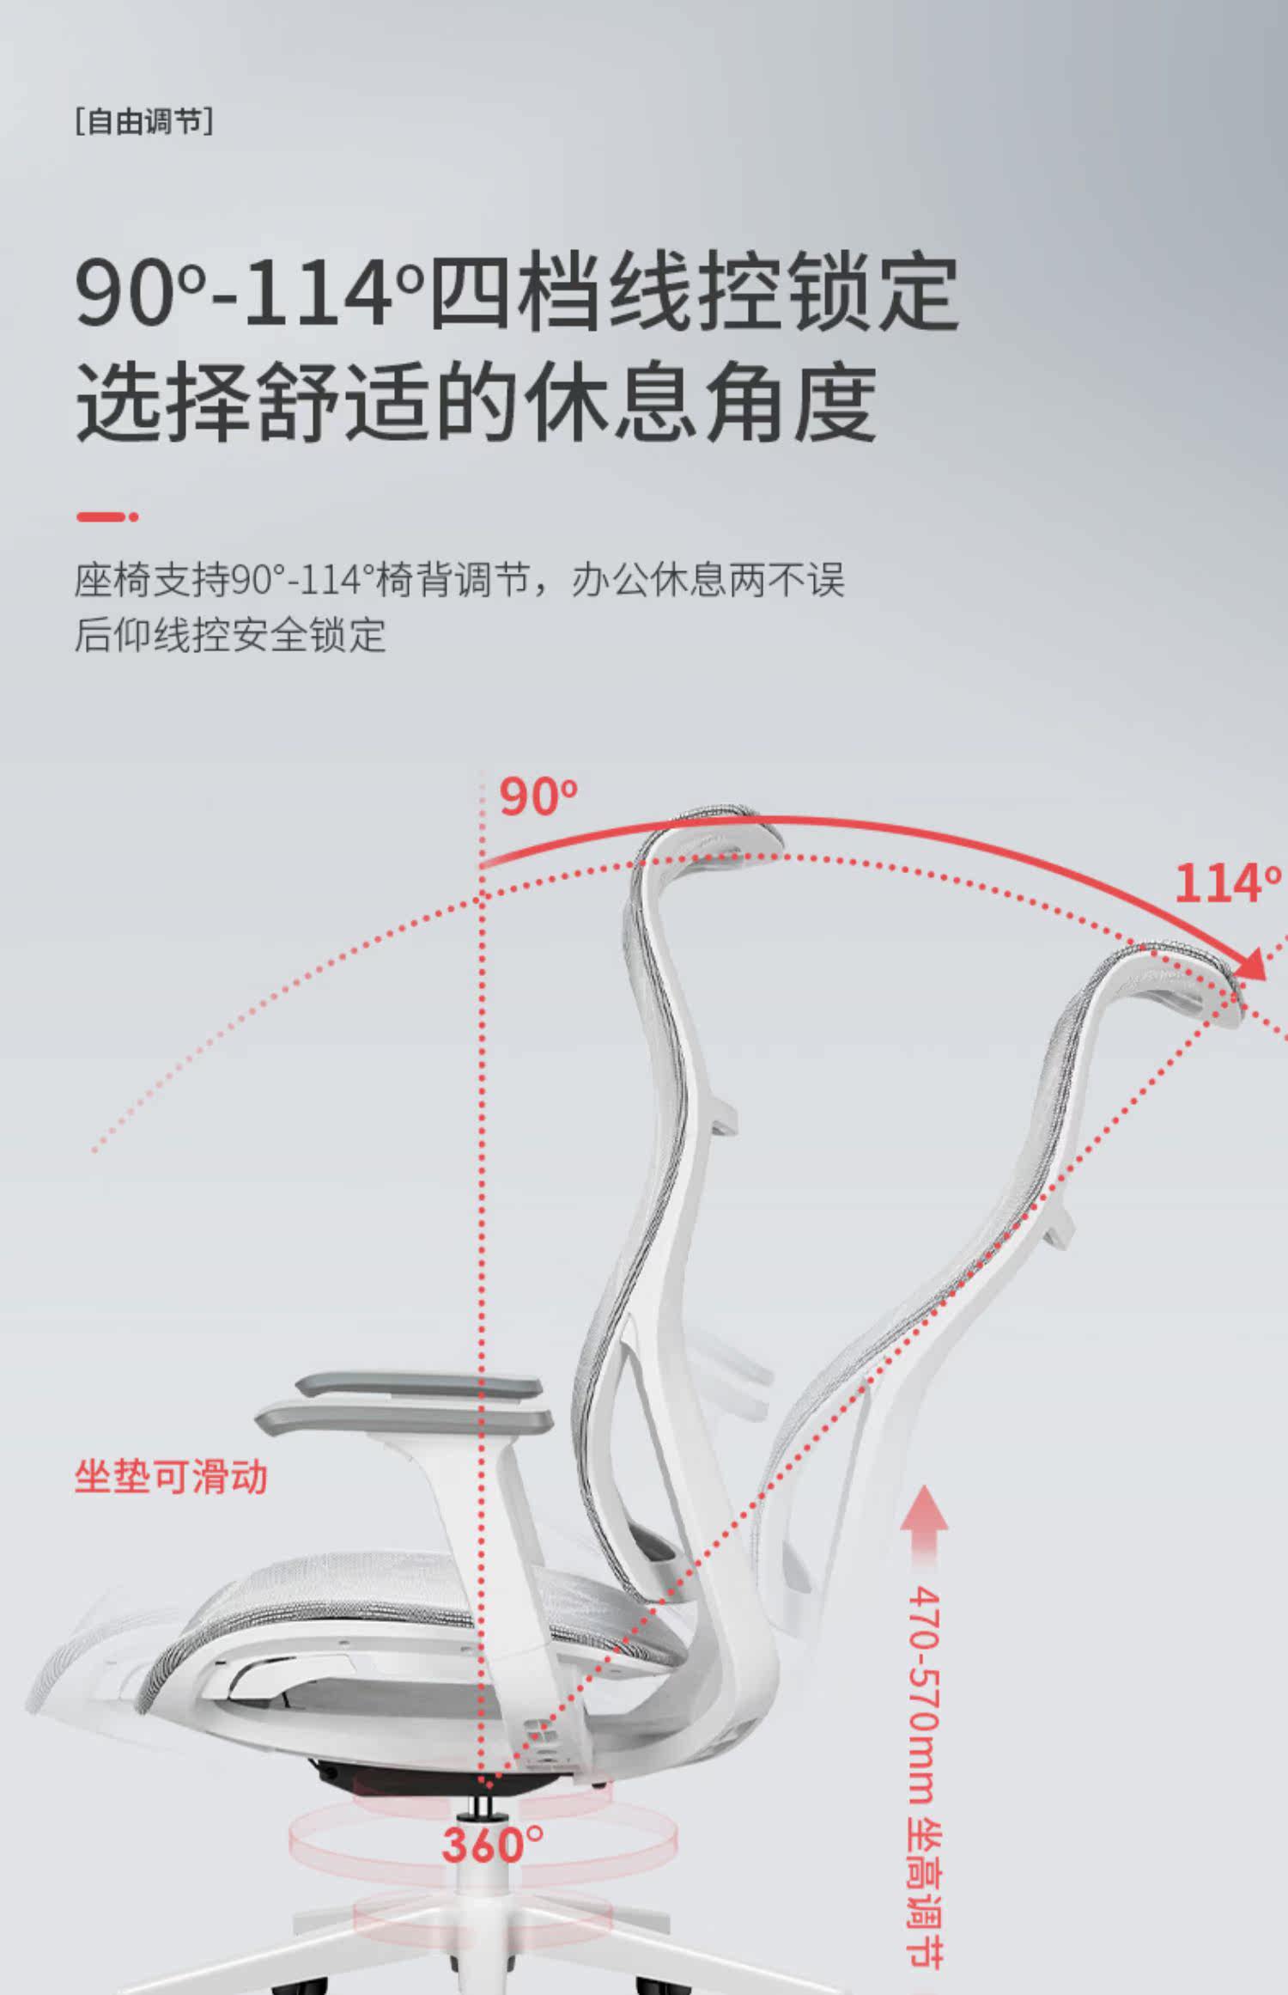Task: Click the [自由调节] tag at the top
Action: point(143,121)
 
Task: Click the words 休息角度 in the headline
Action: point(700,402)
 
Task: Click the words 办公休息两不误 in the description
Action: point(708,581)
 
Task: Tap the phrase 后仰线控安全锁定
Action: point(230,635)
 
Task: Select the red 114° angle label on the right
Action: point(1226,883)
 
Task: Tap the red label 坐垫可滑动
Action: point(171,1478)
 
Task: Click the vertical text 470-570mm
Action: point(924,1697)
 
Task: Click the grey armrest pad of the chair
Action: point(404,1413)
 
